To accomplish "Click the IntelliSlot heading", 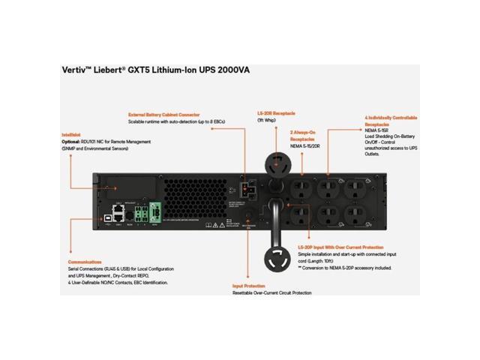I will coord(72,135).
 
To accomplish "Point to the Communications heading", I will coord(85,262).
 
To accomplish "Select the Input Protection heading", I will coord(247,286).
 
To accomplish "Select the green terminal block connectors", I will coord(155,212).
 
